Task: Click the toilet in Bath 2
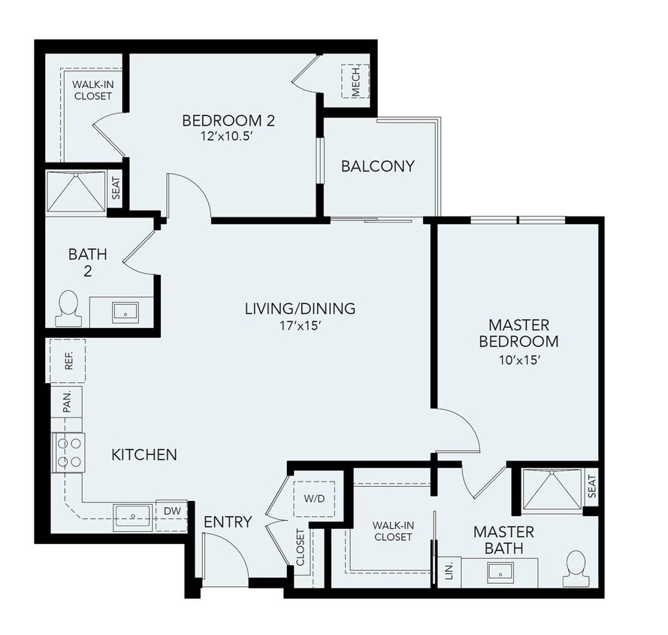pos(68,308)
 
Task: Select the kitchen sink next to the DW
pos(133,517)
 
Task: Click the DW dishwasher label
pos(171,510)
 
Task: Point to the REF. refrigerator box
pos(68,361)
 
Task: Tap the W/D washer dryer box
pos(313,498)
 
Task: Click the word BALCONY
pos(377,166)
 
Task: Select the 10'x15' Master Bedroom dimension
pos(518,360)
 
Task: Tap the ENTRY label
pos(228,521)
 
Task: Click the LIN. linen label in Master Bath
pos(449,570)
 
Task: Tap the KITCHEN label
pos(144,454)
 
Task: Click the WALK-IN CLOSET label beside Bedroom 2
pos(92,91)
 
